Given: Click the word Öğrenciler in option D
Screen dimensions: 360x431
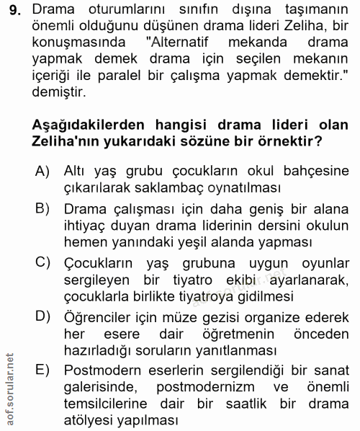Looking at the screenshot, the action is pos(99,315).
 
